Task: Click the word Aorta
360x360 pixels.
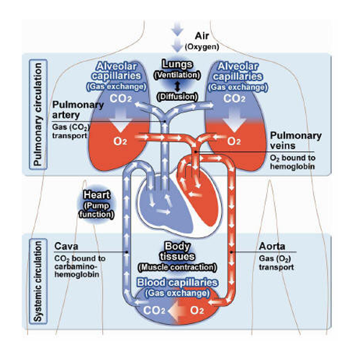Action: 272,246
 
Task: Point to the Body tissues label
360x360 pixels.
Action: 177,251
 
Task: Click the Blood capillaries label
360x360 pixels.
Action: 177,287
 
